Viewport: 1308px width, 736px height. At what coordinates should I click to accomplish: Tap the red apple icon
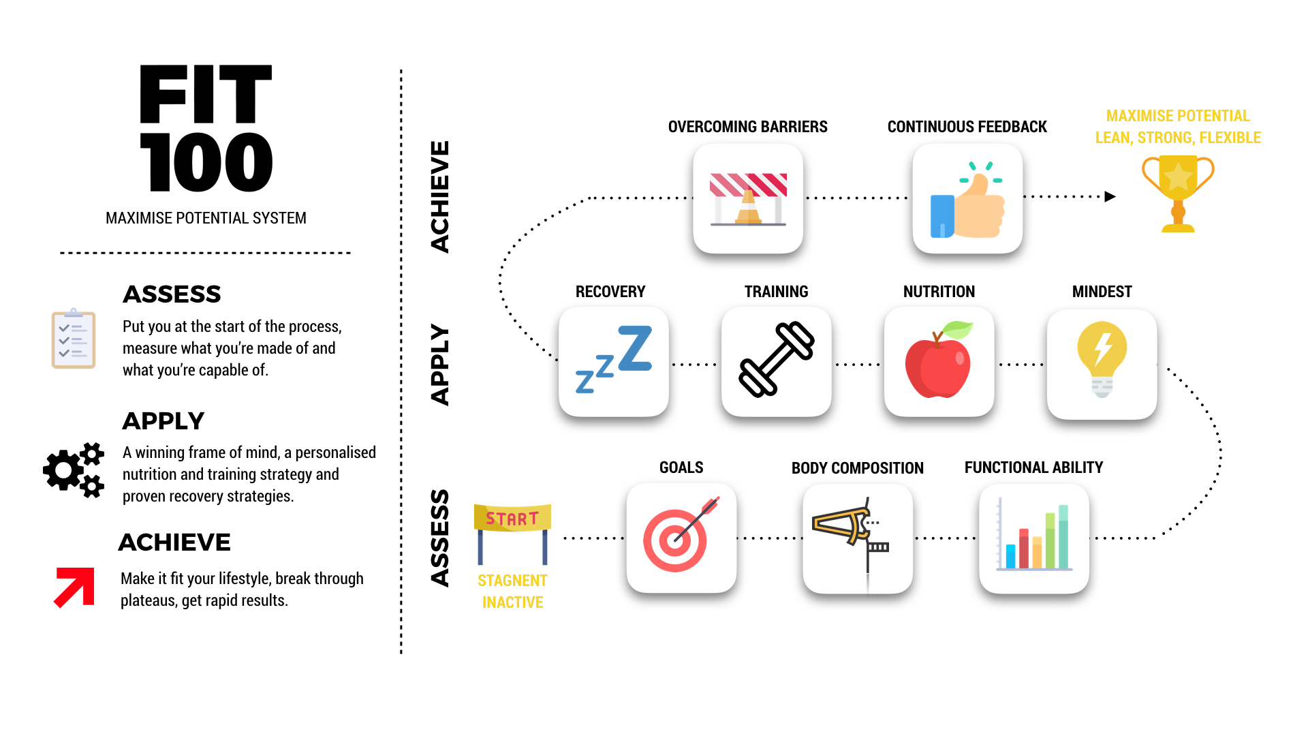[939, 360]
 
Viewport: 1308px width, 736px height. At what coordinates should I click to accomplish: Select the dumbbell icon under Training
[777, 359]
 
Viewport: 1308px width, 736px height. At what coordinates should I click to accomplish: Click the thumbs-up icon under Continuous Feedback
[967, 200]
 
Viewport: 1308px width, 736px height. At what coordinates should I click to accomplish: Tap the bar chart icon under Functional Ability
[1034, 537]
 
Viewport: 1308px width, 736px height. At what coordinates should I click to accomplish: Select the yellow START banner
[512, 518]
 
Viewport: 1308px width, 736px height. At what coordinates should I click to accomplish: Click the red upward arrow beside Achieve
[74, 587]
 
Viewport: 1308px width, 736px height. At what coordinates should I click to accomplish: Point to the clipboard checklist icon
[74, 338]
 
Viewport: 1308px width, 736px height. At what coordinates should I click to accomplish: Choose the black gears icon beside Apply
[74, 470]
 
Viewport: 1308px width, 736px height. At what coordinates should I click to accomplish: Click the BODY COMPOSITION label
[857, 468]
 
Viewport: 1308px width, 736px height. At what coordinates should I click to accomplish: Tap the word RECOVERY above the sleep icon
[610, 292]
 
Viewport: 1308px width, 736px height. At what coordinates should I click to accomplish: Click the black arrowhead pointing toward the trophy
[1110, 197]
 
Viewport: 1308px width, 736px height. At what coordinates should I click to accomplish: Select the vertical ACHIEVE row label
[440, 197]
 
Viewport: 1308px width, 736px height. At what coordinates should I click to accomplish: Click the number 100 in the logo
[206, 162]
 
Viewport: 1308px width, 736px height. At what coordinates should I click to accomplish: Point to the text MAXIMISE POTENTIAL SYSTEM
[206, 218]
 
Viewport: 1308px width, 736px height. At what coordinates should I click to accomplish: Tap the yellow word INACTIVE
[512, 602]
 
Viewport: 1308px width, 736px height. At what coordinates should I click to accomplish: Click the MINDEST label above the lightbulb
[1102, 292]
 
